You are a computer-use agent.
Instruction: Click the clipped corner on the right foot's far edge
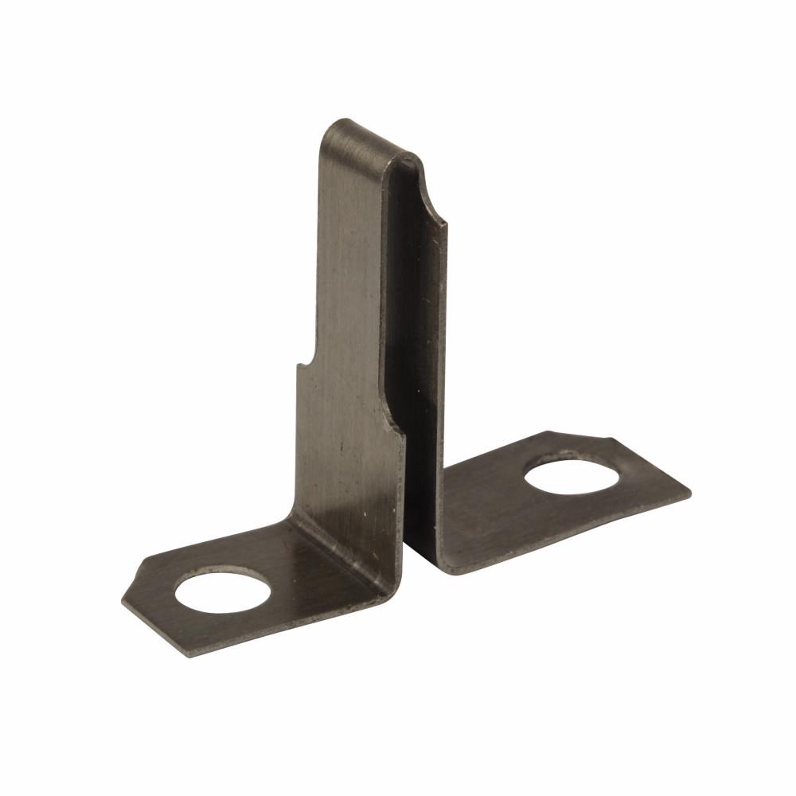613,439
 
